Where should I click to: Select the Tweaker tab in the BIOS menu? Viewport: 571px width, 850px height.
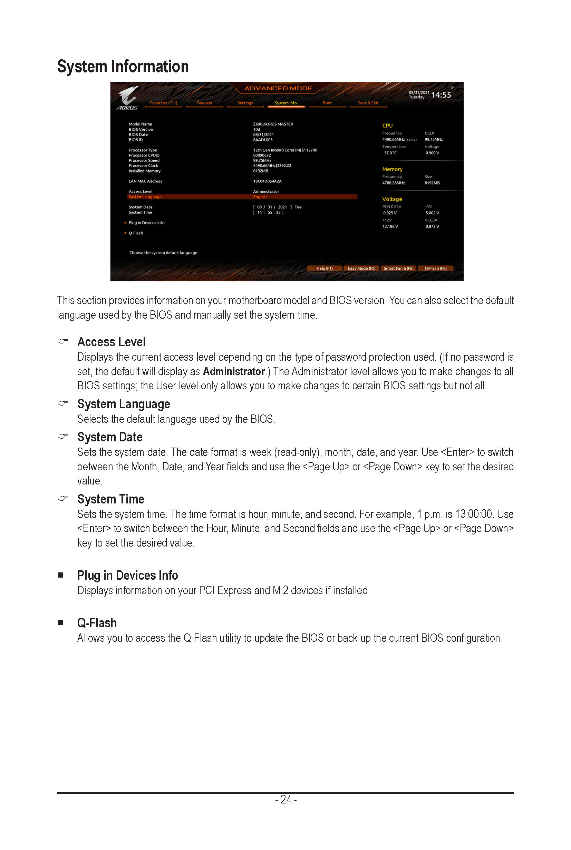(204, 103)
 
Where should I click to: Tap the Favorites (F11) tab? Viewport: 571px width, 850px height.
(164, 103)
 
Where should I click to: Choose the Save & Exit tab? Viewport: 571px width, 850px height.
(368, 103)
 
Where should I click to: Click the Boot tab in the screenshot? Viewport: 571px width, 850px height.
(327, 103)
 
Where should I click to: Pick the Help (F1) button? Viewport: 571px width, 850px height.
(324, 268)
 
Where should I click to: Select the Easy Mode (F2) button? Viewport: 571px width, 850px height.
(361, 268)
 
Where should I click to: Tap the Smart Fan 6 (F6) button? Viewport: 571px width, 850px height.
(398, 268)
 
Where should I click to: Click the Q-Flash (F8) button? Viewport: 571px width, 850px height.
(436, 268)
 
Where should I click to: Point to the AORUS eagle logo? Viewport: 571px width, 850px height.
(128, 96)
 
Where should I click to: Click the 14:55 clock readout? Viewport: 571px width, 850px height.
(441, 95)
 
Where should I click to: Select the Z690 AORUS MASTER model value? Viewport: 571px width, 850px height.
(273, 124)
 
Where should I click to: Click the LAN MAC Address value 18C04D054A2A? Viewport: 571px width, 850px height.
(267, 181)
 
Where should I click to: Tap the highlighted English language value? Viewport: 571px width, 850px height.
(260, 197)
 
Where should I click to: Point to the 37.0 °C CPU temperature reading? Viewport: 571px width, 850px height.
(390, 153)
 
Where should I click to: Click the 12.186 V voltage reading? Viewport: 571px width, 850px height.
(390, 227)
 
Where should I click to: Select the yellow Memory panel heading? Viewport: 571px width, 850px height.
(392, 169)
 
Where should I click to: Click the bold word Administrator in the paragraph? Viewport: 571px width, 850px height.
(233, 371)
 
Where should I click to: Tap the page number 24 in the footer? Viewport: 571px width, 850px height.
(286, 799)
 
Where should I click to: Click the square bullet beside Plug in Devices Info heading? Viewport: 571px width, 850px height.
(61, 575)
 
